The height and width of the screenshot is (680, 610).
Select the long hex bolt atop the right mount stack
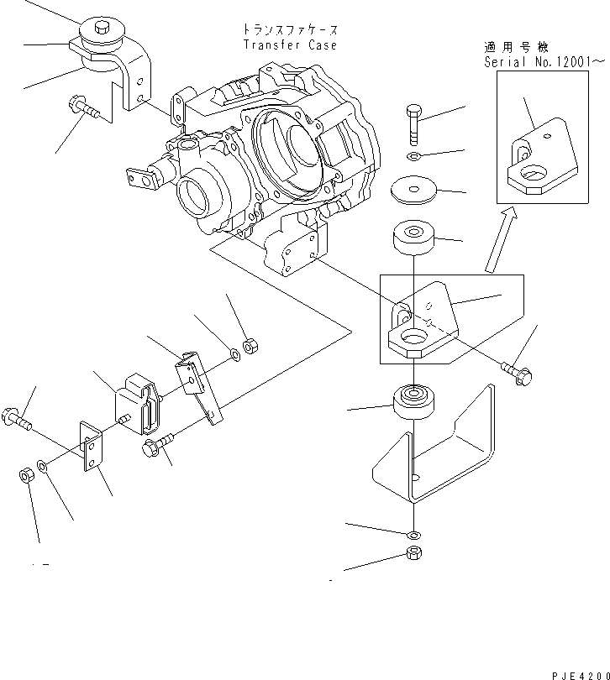click(x=414, y=125)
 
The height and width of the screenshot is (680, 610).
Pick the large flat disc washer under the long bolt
click(x=413, y=189)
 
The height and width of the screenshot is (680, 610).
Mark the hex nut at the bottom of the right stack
click(x=413, y=553)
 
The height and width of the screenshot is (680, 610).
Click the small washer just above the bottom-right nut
click(x=413, y=535)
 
